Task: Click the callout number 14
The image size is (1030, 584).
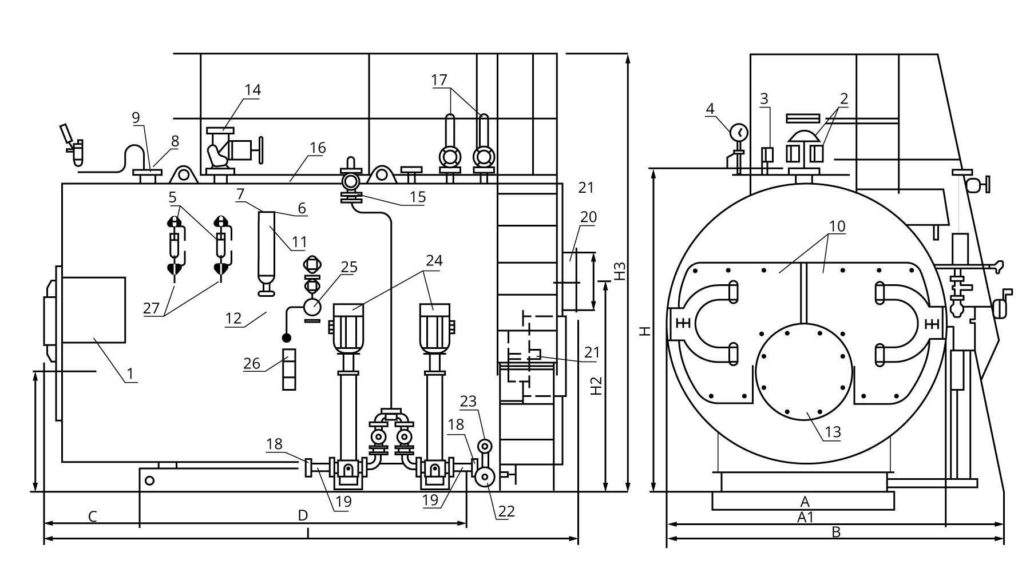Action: point(252,90)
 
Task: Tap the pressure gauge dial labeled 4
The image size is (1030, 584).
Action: point(739,132)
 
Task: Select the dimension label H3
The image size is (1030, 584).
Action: point(621,271)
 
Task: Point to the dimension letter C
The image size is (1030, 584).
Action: point(92,517)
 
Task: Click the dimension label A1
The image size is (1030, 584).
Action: point(805,517)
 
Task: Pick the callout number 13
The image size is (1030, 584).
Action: point(833,431)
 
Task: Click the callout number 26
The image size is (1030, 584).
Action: point(252,363)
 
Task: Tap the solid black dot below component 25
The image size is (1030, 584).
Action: point(287,339)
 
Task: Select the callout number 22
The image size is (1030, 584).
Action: point(506,511)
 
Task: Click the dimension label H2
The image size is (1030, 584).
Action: point(596,386)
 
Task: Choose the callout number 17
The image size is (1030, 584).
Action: point(439,80)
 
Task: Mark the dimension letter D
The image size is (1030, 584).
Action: point(303,515)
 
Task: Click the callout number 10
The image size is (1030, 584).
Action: point(837,226)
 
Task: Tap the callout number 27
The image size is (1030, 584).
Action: point(151,308)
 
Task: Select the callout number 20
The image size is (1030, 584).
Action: point(588,217)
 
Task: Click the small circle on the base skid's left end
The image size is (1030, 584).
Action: point(149,480)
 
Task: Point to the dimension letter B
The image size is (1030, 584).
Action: point(836,532)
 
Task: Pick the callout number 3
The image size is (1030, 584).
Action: point(764,98)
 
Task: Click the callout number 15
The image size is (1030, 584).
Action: point(418,197)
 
